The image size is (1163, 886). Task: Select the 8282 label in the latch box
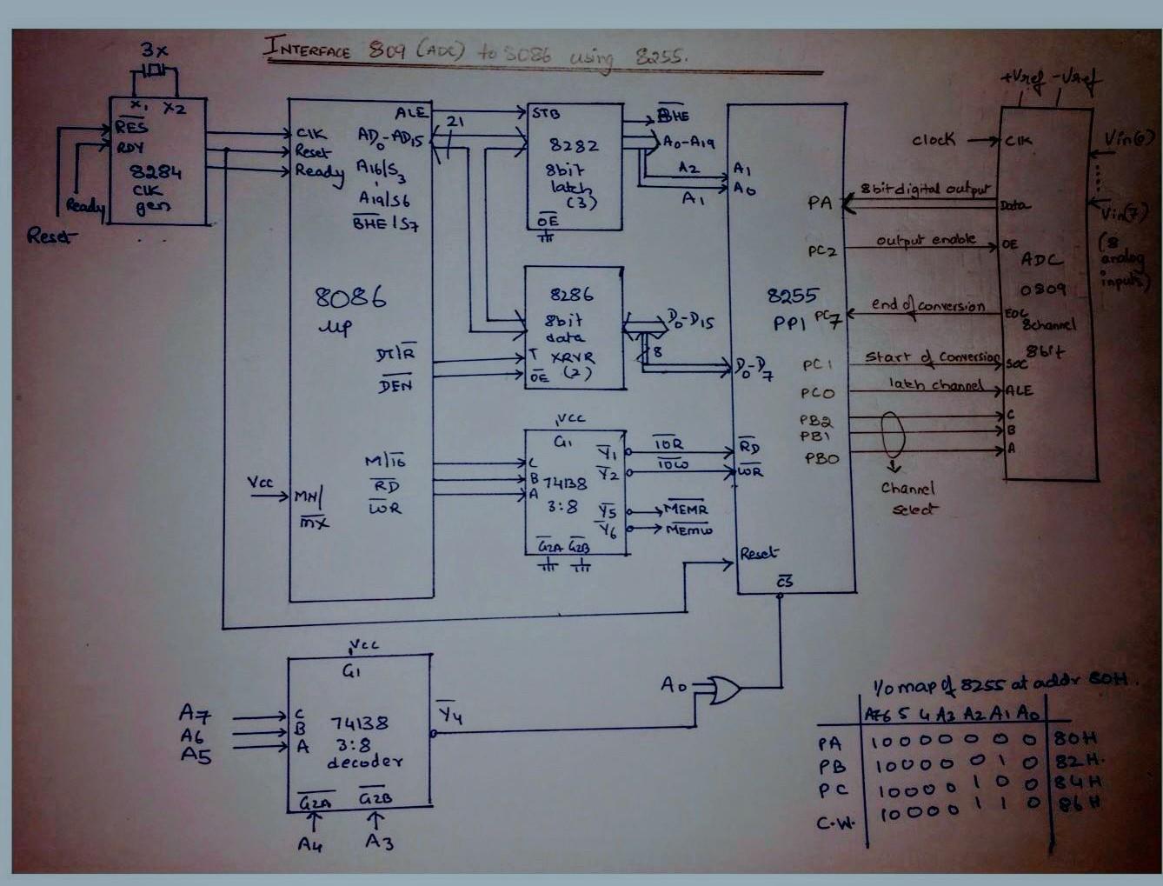tap(574, 146)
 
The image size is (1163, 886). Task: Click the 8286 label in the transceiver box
tap(572, 296)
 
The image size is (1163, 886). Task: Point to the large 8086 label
tap(350, 298)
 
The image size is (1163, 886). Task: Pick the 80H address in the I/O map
tap(1075, 738)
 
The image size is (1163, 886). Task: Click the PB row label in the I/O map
tap(831, 767)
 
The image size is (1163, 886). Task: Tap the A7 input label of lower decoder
tap(195, 714)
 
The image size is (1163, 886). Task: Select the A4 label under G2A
tap(310, 843)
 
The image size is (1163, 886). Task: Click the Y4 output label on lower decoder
tap(449, 715)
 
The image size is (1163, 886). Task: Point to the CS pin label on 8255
tap(784, 582)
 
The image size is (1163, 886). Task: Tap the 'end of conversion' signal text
tap(927, 306)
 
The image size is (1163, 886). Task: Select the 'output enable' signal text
tap(925, 240)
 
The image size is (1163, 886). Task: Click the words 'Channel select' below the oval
tap(908, 498)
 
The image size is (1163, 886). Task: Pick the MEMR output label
tap(686, 509)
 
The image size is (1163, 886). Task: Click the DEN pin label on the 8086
tap(395, 384)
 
